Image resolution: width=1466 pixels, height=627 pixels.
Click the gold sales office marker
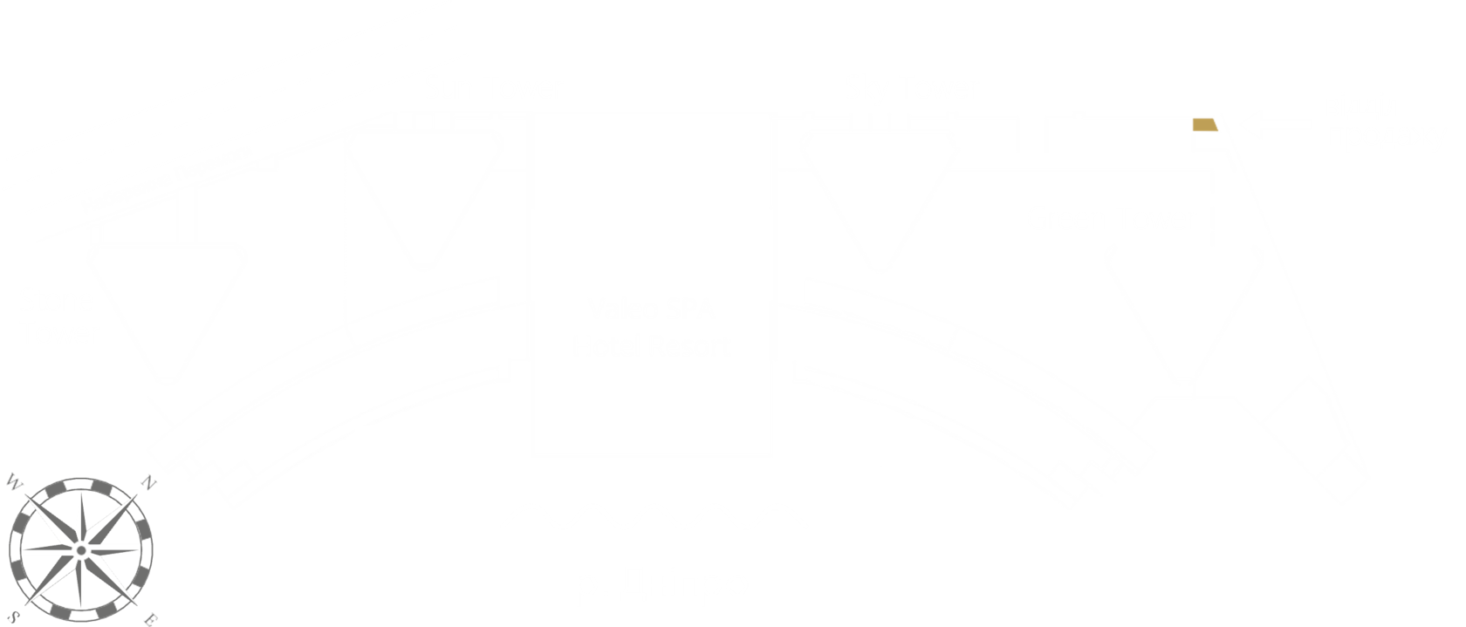(x=1205, y=126)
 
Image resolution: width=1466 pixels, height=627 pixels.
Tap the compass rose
(x=81, y=549)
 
